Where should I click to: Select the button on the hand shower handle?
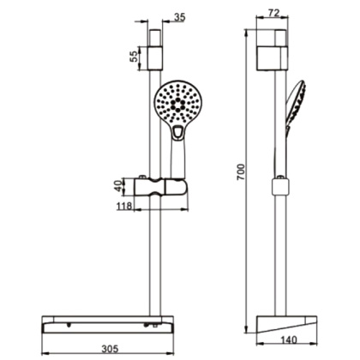177,133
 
